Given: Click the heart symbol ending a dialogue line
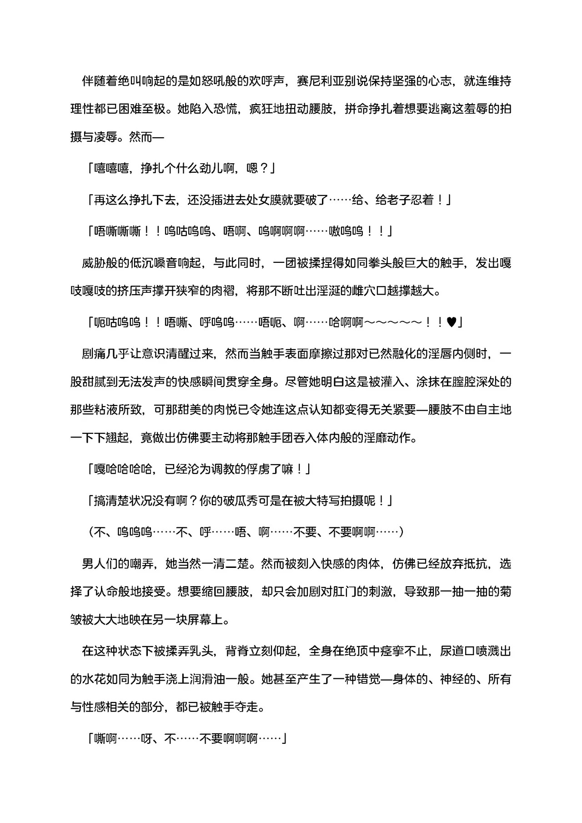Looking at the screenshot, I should point(452,322).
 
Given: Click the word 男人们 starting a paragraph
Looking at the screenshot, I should point(99,564).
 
